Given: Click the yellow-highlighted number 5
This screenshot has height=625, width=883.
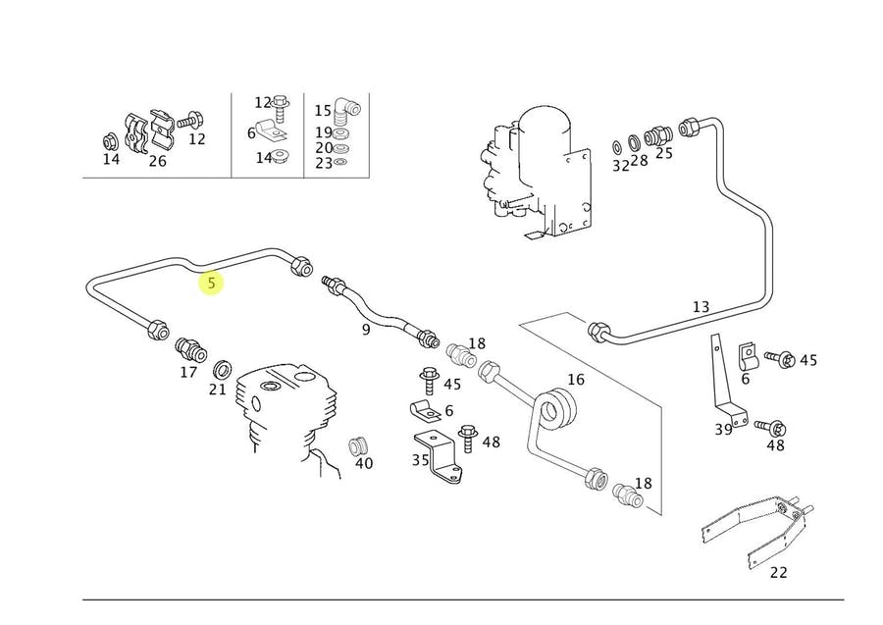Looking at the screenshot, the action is tap(211, 283).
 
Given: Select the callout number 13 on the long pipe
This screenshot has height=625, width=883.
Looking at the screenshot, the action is tap(701, 307).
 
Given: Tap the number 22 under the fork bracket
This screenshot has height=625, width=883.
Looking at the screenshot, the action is tap(778, 573).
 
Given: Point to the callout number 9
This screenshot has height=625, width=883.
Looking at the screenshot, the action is tap(366, 330).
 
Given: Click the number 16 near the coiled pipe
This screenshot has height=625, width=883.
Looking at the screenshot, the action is tap(576, 380).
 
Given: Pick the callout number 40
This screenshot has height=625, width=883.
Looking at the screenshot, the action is tap(364, 463).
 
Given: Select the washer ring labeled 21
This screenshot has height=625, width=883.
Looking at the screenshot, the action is tap(224, 371).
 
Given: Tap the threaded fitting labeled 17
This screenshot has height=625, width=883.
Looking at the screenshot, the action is tap(191, 350).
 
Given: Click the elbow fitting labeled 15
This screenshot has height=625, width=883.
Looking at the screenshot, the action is tap(344, 113).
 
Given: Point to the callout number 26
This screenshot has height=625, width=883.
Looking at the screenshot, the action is tap(158, 162).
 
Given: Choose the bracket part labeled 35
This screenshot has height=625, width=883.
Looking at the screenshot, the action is tap(439, 456).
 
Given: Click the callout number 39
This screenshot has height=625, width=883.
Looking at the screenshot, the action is tap(724, 430).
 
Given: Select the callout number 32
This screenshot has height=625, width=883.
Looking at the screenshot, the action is tap(620, 166).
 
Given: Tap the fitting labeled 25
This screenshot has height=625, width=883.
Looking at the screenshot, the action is tap(658, 135).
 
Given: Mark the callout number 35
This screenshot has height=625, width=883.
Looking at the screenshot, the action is tap(421, 460).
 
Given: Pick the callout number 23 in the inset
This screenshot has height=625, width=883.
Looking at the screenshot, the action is tap(324, 163).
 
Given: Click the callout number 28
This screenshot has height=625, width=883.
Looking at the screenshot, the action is tap(639, 161).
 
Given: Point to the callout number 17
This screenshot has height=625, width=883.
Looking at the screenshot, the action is tap(188, 372).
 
